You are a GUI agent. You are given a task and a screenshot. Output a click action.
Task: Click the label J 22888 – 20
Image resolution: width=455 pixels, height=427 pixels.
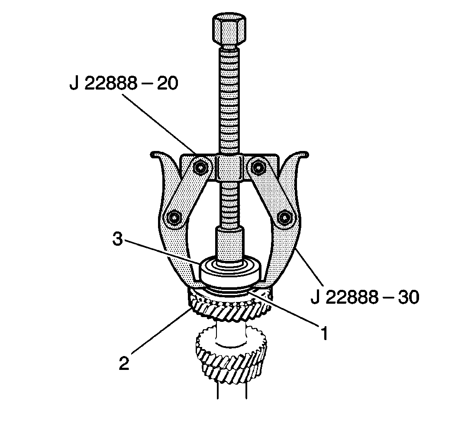pyautogui.click(x=123, y=84)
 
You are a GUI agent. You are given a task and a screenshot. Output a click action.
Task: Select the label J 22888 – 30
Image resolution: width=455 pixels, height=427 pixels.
pyautogui.click(x=365, y=298)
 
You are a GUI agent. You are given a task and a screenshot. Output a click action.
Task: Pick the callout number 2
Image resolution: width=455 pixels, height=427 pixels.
pyautogui.click(x=124, y=363)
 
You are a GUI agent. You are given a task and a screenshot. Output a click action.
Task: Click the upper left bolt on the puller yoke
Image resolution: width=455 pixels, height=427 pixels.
pyautogui.click(x=200, y=166)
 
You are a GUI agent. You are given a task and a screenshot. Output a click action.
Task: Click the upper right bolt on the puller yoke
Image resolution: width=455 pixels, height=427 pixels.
pyautogui.click(x=258, y=166)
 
